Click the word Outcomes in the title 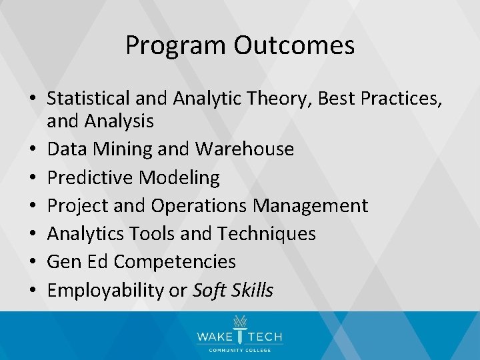coord(294,45)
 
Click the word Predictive coord(90,177)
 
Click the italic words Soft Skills coord(233,291)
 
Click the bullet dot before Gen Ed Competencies coord(33,263)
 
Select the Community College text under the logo coord(240,351)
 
